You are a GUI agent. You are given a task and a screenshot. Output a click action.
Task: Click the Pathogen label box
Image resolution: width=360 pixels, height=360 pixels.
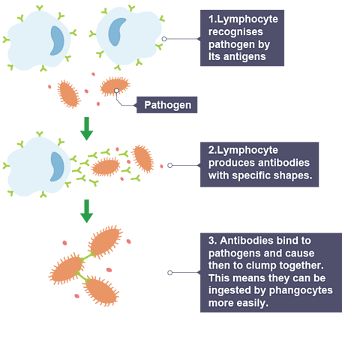(166, 105)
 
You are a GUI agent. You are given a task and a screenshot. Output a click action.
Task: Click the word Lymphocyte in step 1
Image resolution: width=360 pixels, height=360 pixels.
(247, 19)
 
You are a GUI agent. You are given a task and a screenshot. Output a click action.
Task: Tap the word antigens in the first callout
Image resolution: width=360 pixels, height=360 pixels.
(244, 57)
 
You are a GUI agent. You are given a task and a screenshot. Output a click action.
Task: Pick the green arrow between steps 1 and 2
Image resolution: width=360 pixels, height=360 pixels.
(86, 128)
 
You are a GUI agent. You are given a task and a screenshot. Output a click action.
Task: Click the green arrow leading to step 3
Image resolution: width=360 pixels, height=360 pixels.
(86, 211)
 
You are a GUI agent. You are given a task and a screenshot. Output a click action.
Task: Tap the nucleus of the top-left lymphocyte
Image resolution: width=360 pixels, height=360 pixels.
(57, 40)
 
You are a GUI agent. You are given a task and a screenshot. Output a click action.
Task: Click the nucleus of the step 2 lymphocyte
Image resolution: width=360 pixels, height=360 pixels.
(57, 166)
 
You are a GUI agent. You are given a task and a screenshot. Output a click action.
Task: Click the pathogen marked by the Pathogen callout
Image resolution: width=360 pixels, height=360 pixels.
(115, 86)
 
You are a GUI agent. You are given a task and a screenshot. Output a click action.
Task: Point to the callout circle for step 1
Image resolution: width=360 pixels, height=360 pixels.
(164, 39)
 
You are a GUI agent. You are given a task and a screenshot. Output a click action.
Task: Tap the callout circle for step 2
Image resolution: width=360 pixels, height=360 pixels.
(170, 165)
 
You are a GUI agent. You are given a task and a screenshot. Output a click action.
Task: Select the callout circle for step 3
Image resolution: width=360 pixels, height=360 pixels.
(170, 272)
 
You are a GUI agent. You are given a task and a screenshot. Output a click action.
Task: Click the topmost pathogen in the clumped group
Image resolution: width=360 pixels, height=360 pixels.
(105, 242)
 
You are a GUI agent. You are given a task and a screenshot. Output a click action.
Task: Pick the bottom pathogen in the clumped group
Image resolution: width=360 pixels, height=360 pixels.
(100, 291)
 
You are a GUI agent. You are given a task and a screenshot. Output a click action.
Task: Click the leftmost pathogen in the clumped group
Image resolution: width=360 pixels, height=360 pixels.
(67, 269)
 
